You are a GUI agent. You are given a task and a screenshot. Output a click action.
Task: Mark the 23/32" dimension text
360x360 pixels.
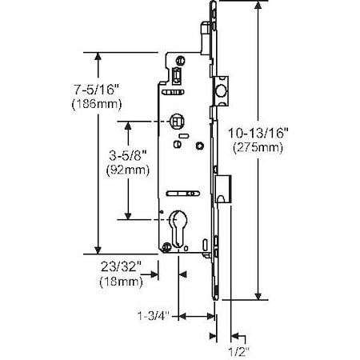click(x=120, y=267)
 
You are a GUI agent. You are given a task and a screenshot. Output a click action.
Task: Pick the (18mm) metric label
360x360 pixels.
click(x=120, y=282)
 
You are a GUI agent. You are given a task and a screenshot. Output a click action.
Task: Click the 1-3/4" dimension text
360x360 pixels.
click(x=154, y=316)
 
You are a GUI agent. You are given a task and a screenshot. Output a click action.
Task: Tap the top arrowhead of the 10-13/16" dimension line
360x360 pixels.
click(x=258, y=7)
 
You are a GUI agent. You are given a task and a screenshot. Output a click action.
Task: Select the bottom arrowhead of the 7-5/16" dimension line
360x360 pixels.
click(x=98, y=249)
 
